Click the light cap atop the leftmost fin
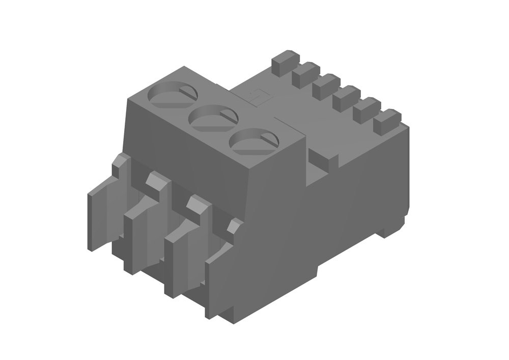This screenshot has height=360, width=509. coord(121,163)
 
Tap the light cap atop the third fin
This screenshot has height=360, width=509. coord(197,203)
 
